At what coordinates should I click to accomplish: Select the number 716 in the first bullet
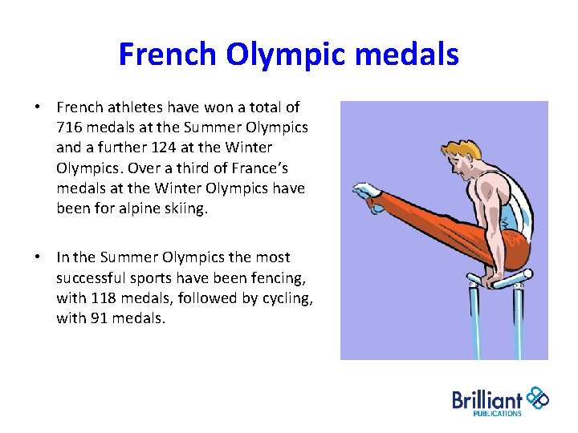pyautogui.click(x=69, y=127)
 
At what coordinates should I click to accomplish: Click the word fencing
pyautogui.click(x=261, y=277)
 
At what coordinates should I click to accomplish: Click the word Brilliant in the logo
pyautogui.click(x=487, y=399)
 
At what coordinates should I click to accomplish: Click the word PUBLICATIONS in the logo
pyautogui.click(x=497, y=414)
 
